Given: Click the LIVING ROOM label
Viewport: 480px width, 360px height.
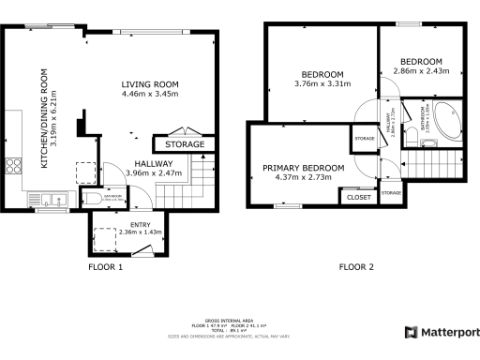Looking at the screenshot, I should click(x=149, y=84).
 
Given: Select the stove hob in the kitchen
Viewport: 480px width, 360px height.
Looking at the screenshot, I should click(x=14, y=168).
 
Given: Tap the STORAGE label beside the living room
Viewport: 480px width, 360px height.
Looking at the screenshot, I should click(x=184, y=145).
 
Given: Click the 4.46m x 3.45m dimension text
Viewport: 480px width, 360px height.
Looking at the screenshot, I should click(x=149, y=95).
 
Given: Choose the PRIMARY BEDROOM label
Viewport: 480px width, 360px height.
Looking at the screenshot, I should click(x=303, y=167).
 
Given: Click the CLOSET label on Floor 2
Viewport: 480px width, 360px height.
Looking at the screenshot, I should click(x=359, y=198).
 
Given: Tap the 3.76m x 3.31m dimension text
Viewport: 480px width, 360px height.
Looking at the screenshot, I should click(x=322, y=84).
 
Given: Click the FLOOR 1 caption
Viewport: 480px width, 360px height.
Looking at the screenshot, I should click(x=105, y=267).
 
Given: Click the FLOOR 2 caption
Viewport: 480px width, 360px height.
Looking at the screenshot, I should click(x=357, y=267).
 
